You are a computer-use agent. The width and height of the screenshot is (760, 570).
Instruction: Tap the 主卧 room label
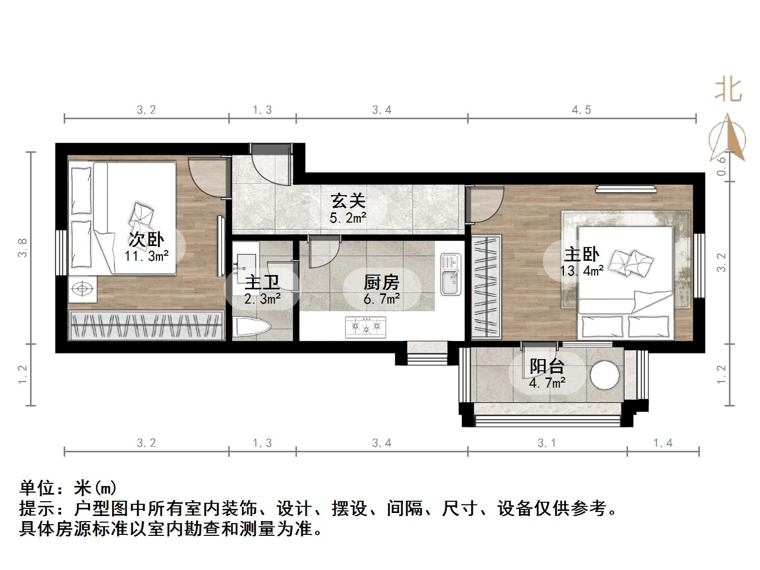click(581, 254)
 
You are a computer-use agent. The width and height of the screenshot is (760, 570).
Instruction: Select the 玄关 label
click(348, 201)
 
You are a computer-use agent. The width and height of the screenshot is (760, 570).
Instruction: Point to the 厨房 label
click(381, 282)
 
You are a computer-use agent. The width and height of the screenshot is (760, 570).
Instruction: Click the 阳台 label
click(547, 366)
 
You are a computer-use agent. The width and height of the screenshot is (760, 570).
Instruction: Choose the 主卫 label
click(262, 282)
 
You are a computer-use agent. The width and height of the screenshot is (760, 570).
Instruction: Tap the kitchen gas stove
click(365, 327)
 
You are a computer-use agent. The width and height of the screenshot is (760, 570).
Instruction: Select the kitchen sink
click(450, 275)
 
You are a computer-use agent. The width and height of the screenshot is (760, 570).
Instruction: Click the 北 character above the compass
click(728, 90)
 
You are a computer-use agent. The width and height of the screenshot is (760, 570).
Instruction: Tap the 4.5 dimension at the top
click(581, 110)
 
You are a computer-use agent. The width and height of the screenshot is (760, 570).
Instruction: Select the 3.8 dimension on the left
click(23, 248)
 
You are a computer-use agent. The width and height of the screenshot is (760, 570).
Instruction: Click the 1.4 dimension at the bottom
click(663, 443)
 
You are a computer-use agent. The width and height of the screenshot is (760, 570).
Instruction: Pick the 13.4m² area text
click(581, 270)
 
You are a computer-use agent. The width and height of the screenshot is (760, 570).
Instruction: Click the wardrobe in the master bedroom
click(486, 287)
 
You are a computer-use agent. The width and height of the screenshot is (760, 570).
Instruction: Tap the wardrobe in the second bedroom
click(147, 324)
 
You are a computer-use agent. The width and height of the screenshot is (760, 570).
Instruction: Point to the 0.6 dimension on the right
click(721, 166)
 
